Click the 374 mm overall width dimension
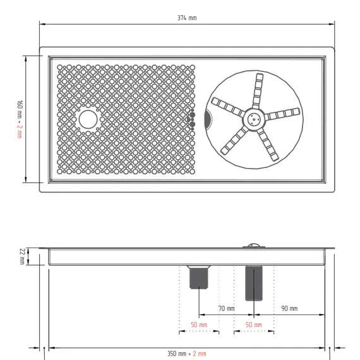(188, 17)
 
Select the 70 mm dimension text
(227, 308)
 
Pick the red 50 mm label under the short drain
(199, 324)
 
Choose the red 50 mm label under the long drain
(253, 324)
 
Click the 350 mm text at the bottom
(177, 354)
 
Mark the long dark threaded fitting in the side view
(253, 282)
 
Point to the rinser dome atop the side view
(253, 245)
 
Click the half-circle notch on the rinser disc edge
(208, 118)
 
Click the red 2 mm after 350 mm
(200, 354)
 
